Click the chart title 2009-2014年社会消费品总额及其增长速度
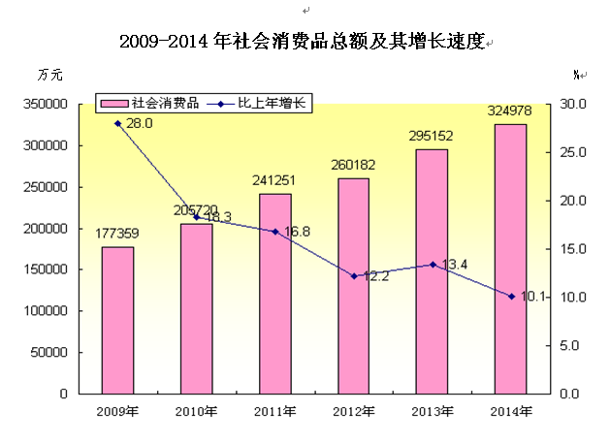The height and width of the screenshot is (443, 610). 302,43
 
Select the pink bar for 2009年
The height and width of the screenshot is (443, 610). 118,320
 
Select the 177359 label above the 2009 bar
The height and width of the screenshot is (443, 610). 118,234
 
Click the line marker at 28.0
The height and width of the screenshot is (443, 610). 118,123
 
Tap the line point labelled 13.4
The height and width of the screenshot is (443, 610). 433,265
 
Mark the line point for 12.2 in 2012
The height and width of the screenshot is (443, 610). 354,276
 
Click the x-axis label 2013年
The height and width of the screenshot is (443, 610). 433,411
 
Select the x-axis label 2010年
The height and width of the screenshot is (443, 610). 197,411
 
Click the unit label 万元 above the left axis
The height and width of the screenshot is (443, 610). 49,75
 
